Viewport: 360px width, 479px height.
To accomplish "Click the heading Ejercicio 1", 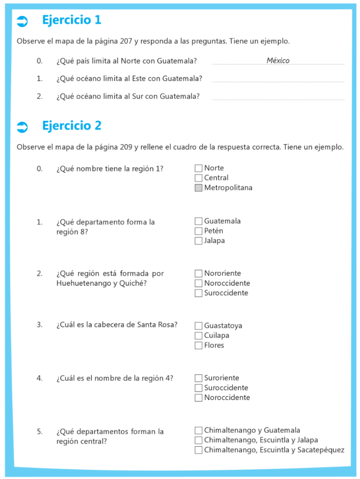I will click(72, 20).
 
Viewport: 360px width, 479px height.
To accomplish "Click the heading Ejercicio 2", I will click(72, 126).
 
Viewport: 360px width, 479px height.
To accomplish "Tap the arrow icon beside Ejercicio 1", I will click(22, 21).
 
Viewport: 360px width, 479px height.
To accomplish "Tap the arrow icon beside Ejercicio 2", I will click(22, 127).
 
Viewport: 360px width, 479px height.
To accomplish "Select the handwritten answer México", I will click(278, 60).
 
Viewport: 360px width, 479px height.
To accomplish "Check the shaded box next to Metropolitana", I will click(198, 188).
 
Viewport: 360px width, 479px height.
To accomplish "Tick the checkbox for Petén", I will click(198, 231).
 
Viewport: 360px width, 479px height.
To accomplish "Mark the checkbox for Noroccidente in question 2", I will click(198, 283).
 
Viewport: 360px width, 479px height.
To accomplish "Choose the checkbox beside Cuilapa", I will click(198, 336).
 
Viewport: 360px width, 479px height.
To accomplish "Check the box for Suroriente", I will click(198, 378).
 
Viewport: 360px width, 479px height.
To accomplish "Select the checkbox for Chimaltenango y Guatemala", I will click(198, 430).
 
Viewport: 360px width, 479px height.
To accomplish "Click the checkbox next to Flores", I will click(198, 346).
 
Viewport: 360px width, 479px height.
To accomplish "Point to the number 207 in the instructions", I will click(126, 41).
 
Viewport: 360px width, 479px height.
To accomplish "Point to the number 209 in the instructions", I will click(126, 147).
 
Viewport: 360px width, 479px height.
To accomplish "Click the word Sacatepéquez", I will click(321, 450).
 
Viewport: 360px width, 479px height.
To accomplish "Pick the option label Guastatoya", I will click(223, 326).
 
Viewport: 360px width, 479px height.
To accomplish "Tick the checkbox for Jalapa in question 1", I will click(198, 241).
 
